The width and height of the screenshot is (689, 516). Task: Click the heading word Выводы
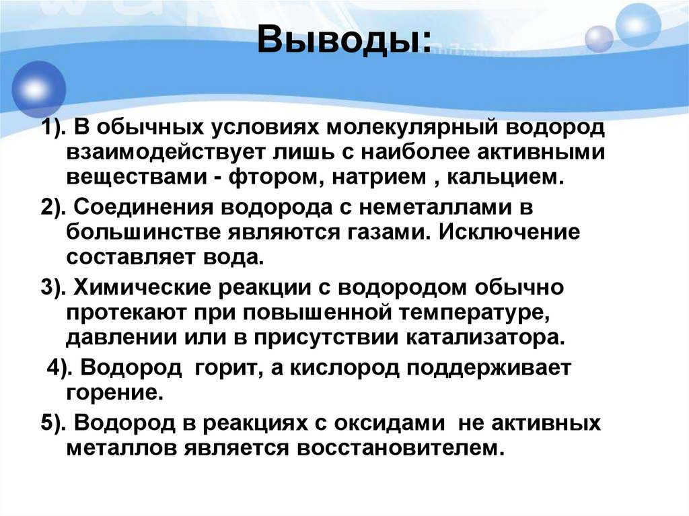coord(342,41)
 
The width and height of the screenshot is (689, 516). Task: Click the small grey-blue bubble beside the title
coord(599,39)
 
